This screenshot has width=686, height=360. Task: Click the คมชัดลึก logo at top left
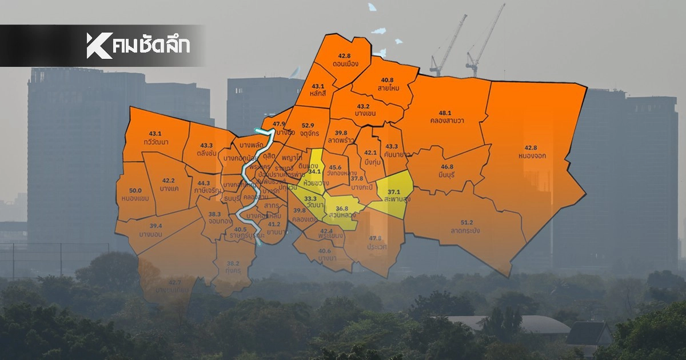pyautogui.click(x=138, y=46)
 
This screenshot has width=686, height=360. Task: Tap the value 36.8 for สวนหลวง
pyautogui.click(x=342, y=208)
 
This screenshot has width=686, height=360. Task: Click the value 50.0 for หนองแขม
pyautogui.click(x=135, y=191)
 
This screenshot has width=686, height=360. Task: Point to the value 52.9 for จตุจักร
pyautogui.click(x=308, y=125)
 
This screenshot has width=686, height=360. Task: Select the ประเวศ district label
pyautogui.click(x=374, y=246)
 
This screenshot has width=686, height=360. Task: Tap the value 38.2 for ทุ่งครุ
pyautogui.click(x=233, y=264)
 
